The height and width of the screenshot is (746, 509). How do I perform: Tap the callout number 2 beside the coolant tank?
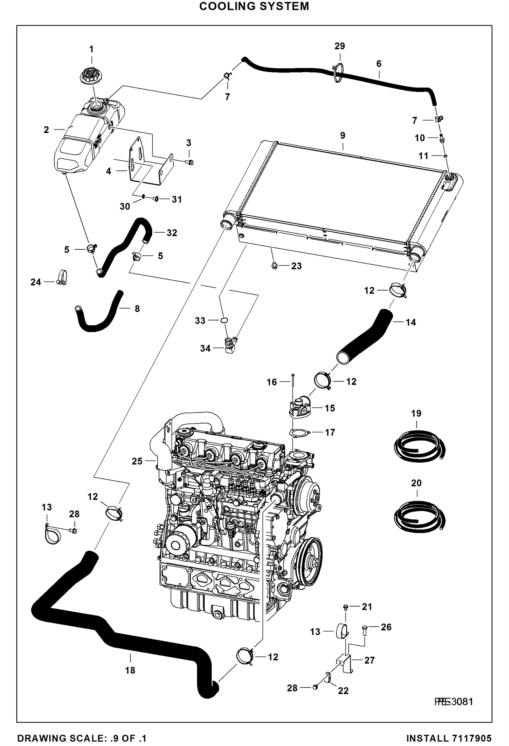[46, 130]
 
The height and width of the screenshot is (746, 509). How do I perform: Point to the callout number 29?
[339, 46]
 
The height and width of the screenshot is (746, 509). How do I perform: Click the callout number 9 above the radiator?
[343, 135]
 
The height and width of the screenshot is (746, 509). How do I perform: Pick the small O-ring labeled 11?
[445, 156]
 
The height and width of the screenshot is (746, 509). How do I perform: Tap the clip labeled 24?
[62, 278]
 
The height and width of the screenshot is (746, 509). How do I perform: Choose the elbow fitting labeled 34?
[230, 346]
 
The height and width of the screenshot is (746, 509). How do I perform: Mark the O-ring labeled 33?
[224, 320]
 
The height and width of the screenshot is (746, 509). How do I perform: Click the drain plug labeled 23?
[275, 266]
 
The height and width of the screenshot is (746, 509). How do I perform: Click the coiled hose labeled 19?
[419, 446]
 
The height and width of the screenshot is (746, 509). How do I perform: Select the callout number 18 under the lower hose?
[130, 670]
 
